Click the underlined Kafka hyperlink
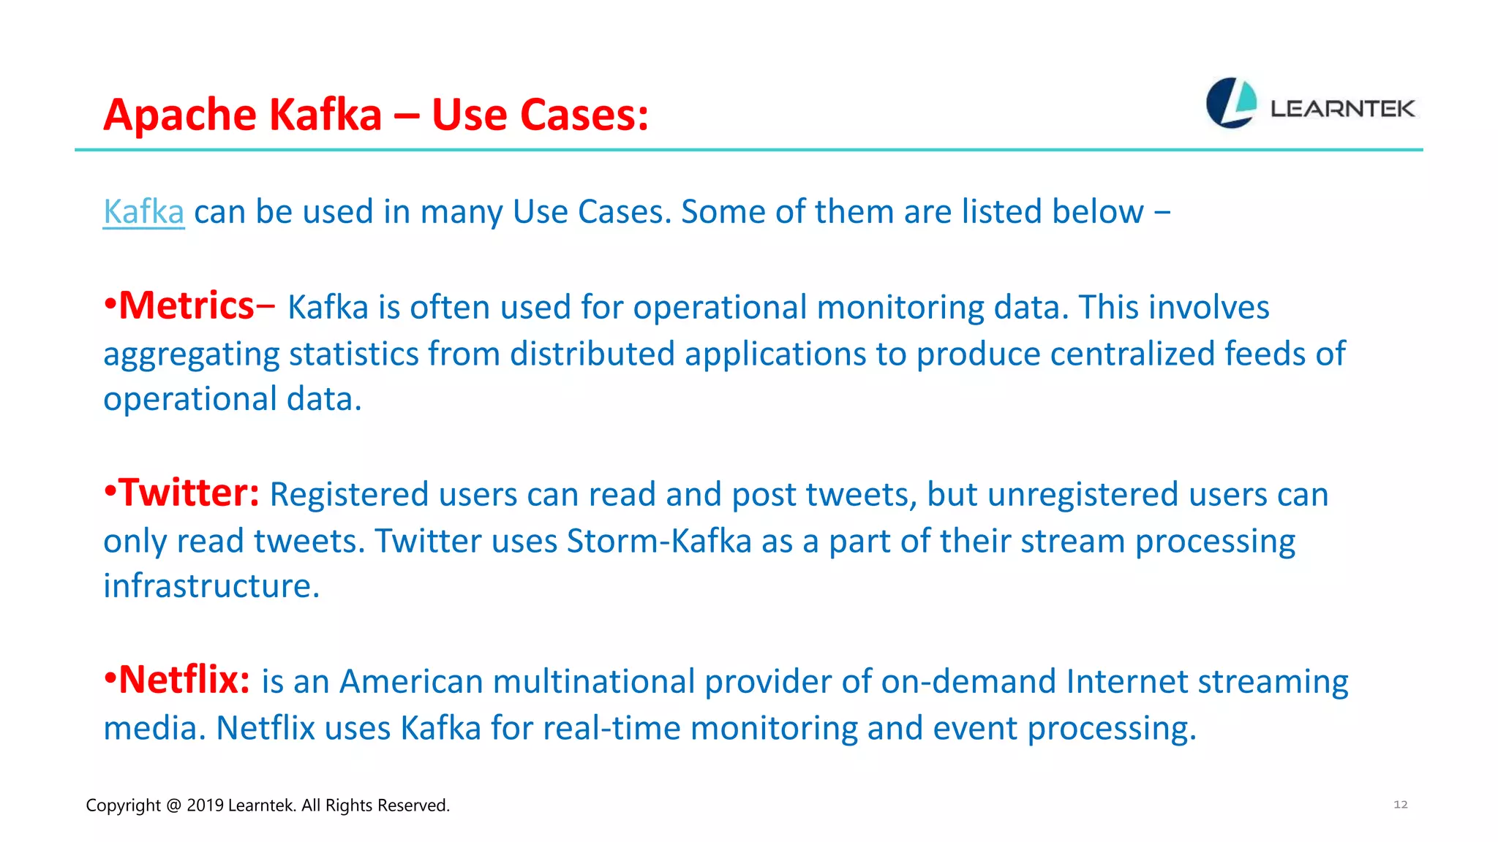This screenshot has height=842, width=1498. [143, 212]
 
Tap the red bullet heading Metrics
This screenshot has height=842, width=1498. [186, 306]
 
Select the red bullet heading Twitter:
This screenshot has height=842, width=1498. [188, 493]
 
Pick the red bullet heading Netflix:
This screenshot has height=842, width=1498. [184, 680]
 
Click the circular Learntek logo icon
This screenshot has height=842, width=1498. [1231, 103]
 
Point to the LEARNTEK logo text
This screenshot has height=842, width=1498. [1343, 109]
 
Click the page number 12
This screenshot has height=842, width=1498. [1400, 805]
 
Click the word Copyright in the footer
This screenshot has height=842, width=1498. [123, 805]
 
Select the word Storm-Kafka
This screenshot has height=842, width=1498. [659, 542]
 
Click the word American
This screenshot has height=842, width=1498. [411, 682]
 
